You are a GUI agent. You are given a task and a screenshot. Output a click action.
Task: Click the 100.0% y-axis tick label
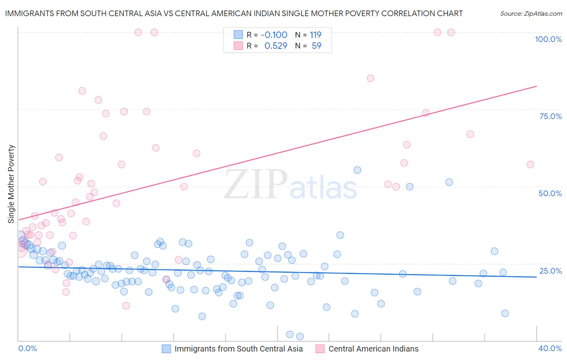[548, 39]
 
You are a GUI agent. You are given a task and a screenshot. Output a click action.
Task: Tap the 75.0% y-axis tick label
[550, 116]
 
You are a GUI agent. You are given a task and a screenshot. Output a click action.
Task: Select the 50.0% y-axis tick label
[550, 193]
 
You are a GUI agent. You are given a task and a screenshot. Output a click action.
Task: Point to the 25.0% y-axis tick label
[550, 271]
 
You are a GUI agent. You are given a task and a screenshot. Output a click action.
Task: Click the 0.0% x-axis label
[27, 348]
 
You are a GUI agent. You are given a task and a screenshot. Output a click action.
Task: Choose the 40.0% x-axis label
[550, 348]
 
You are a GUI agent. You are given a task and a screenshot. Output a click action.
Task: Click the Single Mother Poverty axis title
[11, 184]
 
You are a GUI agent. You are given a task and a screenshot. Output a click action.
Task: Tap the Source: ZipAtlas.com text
[531, 14]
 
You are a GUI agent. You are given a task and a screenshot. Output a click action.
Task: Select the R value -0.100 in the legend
[274, 35]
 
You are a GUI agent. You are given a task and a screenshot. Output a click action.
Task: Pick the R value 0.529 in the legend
[276, 46]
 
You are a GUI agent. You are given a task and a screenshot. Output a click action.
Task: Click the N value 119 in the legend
[315, 35]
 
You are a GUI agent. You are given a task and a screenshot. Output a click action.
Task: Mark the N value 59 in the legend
[317, 46]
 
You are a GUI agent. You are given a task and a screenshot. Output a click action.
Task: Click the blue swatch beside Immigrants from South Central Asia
[166, 349]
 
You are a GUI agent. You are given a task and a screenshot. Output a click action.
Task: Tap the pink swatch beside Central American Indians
[320, 349]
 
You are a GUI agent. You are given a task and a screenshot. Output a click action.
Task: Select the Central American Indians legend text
[373, 349]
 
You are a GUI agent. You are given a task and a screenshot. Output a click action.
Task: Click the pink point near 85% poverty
[371, 78]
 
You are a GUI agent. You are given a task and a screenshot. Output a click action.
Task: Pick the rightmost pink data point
[530, 164]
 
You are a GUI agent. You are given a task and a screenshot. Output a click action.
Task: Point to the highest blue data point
[357, 170]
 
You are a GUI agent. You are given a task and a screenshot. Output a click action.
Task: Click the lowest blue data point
[300, 337]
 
